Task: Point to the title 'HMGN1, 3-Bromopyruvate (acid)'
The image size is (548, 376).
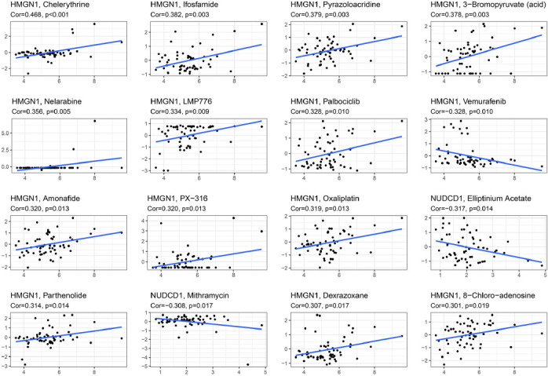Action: click(476, 6)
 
